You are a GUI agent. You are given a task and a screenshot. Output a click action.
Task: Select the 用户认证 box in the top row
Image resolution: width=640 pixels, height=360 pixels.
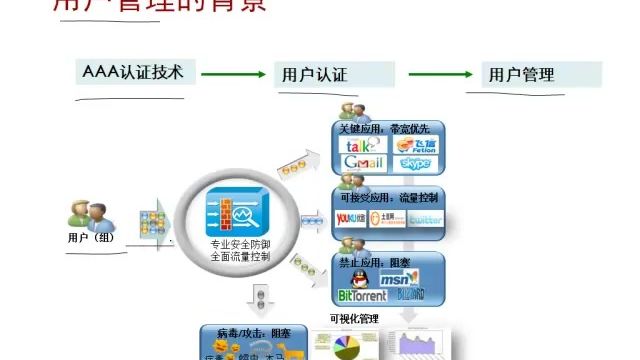coord(314,74)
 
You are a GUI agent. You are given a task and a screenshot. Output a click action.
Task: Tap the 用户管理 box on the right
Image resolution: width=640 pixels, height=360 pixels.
coord(521,74)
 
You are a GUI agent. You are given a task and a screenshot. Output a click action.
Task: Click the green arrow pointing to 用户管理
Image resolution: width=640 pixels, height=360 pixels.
coord(434,73)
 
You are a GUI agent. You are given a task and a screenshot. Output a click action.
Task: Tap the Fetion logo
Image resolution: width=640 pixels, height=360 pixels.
coord(412,145)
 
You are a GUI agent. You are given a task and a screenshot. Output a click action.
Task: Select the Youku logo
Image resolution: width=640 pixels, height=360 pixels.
coord(351,218)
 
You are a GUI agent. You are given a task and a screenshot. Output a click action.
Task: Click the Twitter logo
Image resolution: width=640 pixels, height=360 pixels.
coord(424,220)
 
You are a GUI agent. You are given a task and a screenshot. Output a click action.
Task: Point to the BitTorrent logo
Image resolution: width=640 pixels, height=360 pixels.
coord(362,295)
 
